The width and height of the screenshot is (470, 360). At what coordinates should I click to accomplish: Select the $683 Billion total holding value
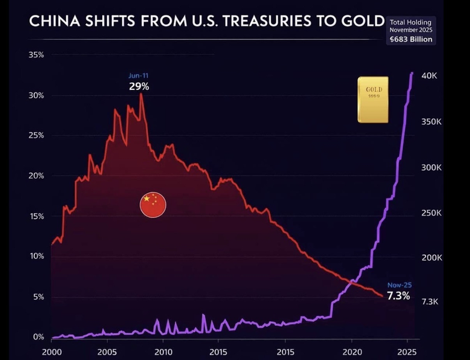(411, 39)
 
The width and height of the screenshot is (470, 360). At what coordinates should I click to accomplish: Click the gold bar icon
(373, 99)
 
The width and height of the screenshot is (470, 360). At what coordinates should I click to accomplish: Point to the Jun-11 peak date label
(139, 76)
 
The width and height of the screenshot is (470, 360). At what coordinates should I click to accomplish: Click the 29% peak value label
(139, 86)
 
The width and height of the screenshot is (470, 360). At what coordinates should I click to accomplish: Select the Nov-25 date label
(399, 285)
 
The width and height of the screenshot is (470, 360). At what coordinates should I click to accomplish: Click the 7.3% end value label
(398, 295)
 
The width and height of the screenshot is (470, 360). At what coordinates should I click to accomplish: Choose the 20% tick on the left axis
(36, 176)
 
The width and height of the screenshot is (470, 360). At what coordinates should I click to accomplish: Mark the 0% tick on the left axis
(39, 337)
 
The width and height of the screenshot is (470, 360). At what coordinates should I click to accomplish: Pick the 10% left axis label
(36, 257)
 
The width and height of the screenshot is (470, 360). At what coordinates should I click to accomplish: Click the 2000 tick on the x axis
(52, 352)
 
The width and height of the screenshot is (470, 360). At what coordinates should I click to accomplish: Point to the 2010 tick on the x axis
(163, 352)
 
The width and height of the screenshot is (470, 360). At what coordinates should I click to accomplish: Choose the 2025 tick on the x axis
(407, 352)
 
